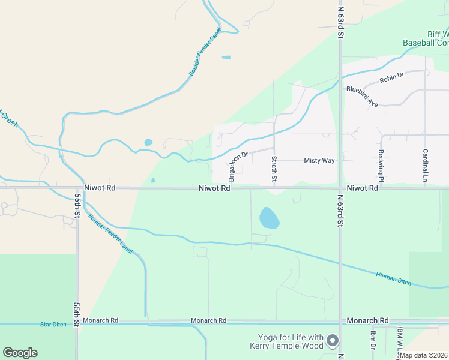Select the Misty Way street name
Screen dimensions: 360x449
pyautogui.click(x=319, y=161)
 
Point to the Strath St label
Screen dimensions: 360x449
pyautogui.click(x=274, y=169)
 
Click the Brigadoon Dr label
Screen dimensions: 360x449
pyautogui.click(x=238, y=166)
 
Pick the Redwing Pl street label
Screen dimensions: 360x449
pyautogui.click(x=381, y=163)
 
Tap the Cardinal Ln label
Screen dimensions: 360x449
pyautogui.click(x=425, y=165)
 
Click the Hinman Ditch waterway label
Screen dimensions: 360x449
pyautogui.click(x=393, y=278)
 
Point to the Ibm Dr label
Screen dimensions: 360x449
pyautogui.click(x=373, y=340)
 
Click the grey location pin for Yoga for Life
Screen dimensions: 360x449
pyautogui.click(x=334, y=341)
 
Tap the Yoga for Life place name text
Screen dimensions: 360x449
pyautogui.click(x=291, y=341)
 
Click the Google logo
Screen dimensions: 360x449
pyautogui.click(x=20, y=353)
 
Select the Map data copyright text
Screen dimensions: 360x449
pyautogui.click(x=424, y=355)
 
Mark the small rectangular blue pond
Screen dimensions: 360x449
pyautogui.click(x=226, y=58)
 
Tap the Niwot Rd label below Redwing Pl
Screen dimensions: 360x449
pyautogui.click(x=362, y=188)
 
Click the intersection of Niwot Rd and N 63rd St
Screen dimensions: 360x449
pyautogui.click(x=340, y=188)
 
